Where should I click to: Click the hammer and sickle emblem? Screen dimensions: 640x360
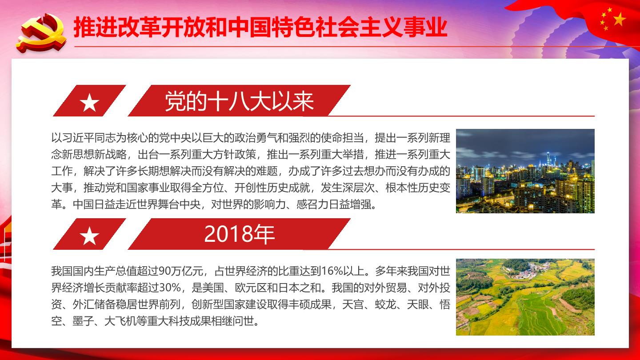pyautogui.click(x=41, y=33)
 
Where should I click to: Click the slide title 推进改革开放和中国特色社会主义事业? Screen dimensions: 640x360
pyautogui.click(x=260, y=27)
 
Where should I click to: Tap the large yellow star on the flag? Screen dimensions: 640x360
pyautogui.click(x=620, y=20)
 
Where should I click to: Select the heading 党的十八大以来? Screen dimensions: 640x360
pyautogui.click(x=240, y=101)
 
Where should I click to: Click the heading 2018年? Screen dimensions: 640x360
pyautogui.click(x=240, y=234)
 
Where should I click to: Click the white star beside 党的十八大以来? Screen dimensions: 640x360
pyautogui.click(x=89, y=103)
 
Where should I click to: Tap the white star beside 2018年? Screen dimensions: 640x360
pyautogui.click(x=89, y=236)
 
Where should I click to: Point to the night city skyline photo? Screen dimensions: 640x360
pyautogui.click(x=525, y=171)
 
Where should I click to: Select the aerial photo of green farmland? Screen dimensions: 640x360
pyautogui.click(x=525, y=297)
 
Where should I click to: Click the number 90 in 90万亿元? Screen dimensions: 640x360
pyautogui.click(x=164, y=271)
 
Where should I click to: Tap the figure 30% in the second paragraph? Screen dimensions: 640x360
pyautogui.click(x=170, y=288)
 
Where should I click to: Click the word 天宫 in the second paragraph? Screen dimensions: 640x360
pyautogui.click(x=353, y=304)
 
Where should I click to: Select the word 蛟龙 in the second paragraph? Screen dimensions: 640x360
pyautogui.click(x=385, y=304)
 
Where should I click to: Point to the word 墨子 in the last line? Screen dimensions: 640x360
pyautogui.click(x=83, y=321)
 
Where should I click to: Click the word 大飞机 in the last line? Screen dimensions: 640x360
pyautogui.click(x=120, y=321)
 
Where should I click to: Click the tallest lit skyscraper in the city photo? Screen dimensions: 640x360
pyautogui.click(x=548, y=160)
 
